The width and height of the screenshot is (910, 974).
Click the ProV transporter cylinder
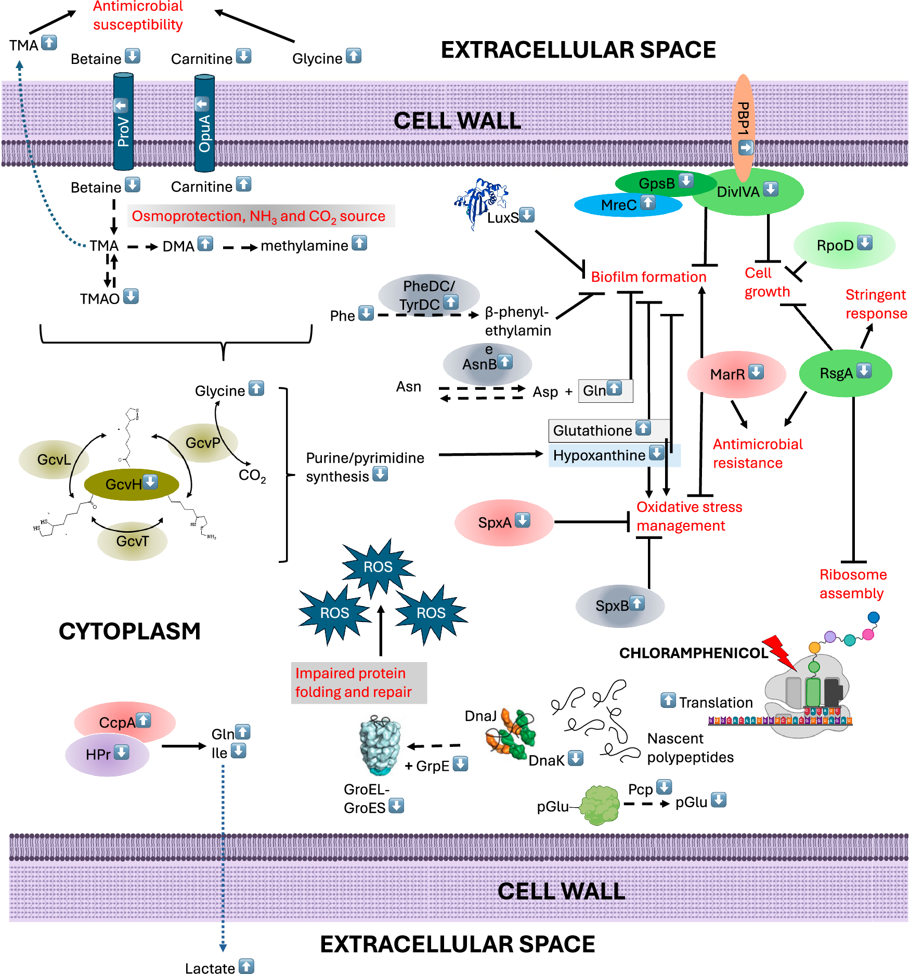click(123, 122)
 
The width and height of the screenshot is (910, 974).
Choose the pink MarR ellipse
click(736, 374)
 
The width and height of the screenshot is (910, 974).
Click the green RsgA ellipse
click(845, 373)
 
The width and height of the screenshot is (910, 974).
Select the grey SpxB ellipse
click(619, 606)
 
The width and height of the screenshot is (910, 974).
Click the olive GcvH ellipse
click(131, 484)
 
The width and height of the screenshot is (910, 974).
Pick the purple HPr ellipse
click(107, 754)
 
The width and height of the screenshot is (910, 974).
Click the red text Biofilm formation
click(648, 277)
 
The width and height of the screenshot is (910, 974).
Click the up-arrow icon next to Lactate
click(246, 966)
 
